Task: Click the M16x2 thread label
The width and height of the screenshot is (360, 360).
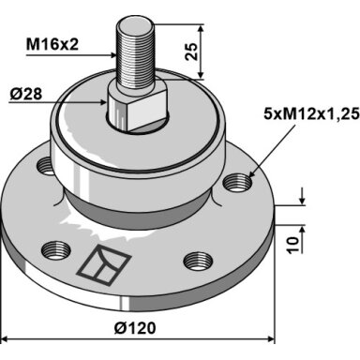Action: point(52,45)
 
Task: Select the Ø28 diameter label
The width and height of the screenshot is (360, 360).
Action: point(25,94)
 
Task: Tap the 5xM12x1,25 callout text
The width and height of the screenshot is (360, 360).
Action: point(311,113)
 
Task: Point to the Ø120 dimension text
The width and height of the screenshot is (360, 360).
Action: point(135,328)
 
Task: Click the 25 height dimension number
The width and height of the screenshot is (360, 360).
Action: point(191,52)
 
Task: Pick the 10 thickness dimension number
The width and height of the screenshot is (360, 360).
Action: point(293,246)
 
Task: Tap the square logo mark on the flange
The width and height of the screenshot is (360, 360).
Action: point(104,264)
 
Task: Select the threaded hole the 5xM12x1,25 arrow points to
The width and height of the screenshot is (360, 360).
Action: point(238,183)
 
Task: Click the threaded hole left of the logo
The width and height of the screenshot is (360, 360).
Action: point(56,250)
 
